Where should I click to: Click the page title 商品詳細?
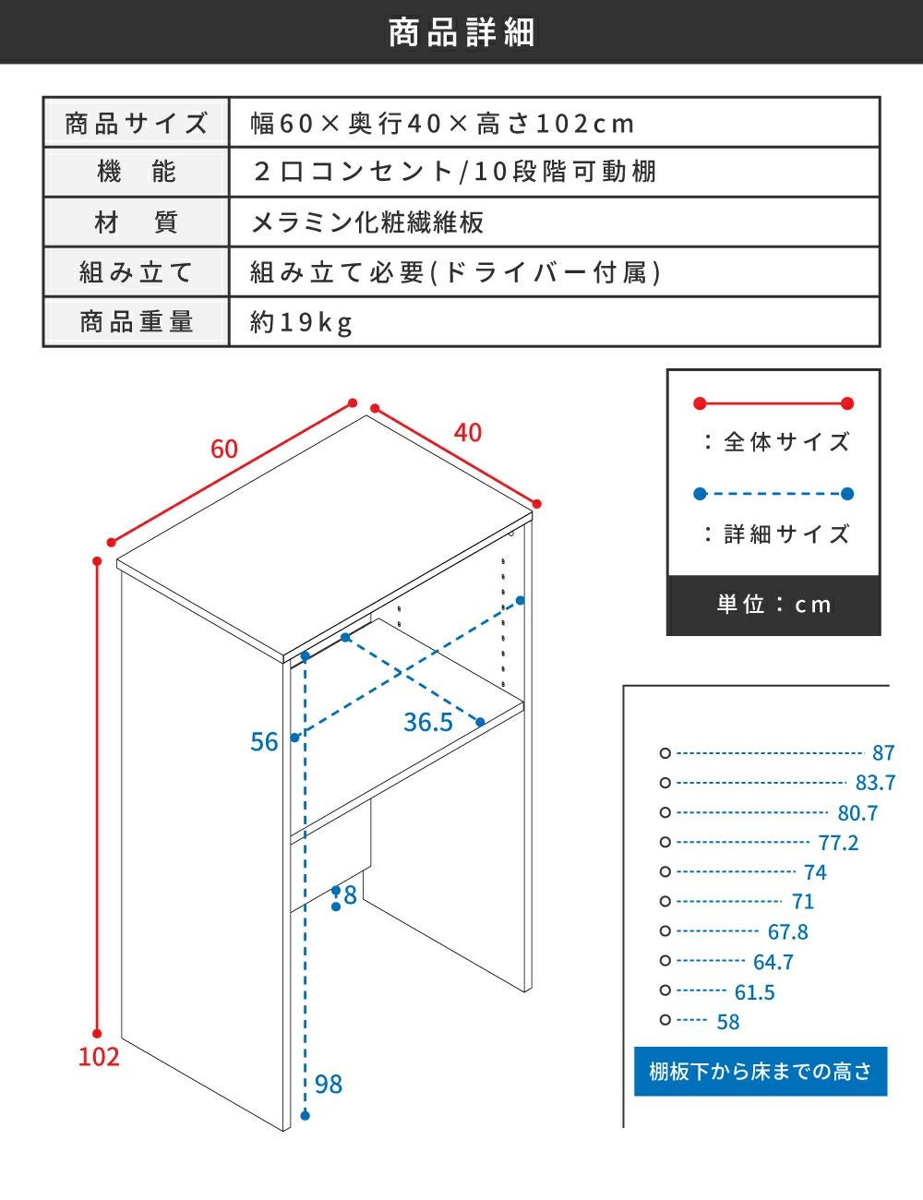pyautogui.click(x=461, y=32)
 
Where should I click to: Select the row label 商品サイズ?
pyautogui.click(x=137, y=123)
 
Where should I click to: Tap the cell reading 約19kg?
pyautogui.click(x=301, y=322)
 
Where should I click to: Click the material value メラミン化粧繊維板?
pyautogui.click(x=367, y=222)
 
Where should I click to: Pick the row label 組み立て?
pyautogui.click(x=137, y=272)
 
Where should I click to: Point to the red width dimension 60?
pyautogui.click(x=224, y=449)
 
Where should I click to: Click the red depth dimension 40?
pyautogui.click(x=468, y=432)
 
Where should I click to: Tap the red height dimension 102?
pyautogui.click(x=99, y=1056)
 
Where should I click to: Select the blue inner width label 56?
pyautogui.click(x=264, y=741)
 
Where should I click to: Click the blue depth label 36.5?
pyautogui.click(x=428, y=723)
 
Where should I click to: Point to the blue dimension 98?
pyautogui.click(x=329, y=1084)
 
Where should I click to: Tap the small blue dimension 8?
pyautogui.click(x=350, y=895)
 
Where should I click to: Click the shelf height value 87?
pyautogui.click(x=883, y=752)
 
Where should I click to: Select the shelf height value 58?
pyautogui.click(x=728, y=1022)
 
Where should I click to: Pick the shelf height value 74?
pyautogui.click(x=815, y=872)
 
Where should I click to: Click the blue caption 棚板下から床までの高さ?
pyautogui.click(x=761, y=1072)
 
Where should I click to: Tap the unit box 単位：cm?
pyautogui.click(x=773, y=605)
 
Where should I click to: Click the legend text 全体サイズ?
pyautogui.click(x=786, y=442)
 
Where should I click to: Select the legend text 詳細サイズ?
pyautogui.click(x=786, y=534)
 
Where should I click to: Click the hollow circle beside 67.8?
pyautogui.click(x=665, y=931)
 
